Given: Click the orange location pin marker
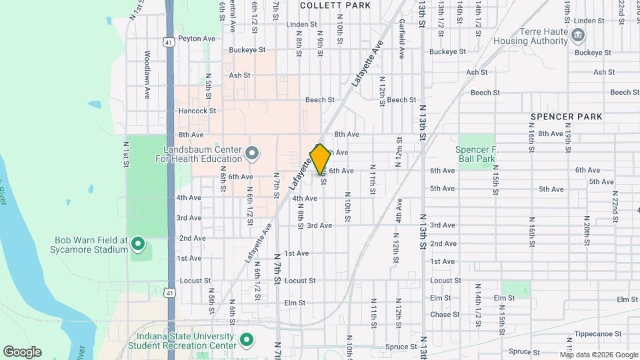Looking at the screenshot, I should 320,159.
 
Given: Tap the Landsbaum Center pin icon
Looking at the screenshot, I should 251,154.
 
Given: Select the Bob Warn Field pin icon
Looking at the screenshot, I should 138,244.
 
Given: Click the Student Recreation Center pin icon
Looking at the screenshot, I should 246,341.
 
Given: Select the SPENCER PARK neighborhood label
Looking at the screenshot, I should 567,117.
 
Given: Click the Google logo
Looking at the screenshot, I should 22,352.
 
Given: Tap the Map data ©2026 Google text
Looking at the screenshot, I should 599,355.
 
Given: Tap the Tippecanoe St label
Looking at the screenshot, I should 599,333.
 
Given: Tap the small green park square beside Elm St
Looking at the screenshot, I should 516,289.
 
